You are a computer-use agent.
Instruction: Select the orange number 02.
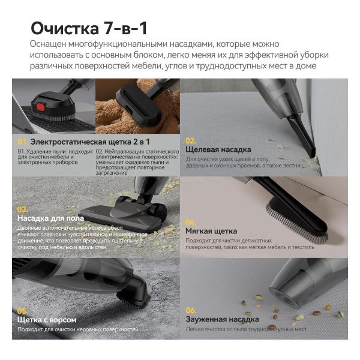pyautogui.click(x=191, y=140)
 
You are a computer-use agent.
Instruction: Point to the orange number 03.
pyautogui.click(x=23, y=209)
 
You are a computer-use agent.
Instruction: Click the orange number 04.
pyautogui.click(x=191, y=221)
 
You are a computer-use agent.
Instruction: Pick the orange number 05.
pyautogui.click(x=23, y=311)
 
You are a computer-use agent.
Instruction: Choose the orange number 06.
pyautogui.click(x=191, y=311)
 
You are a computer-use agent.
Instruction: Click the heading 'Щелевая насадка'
pyautogui.click(x=218, y=149)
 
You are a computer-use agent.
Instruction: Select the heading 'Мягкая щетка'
pyautogui.click(x=211, y=231)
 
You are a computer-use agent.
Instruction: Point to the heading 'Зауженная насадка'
pyautogui.click(x=221, y=320)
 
